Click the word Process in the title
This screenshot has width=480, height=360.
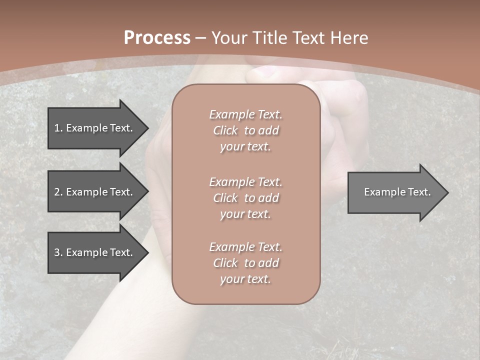tap(157, 38)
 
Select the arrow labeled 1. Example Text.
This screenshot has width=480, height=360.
tap(95, 128)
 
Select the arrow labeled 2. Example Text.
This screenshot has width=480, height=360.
tap(95, 192)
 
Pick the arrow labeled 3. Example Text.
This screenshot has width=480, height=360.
tap(95, 252)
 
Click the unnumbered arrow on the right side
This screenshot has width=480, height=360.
tap(395, 192)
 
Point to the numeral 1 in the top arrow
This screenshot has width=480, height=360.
tap(57, 128)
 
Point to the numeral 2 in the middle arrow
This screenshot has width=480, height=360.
tap(57, 192)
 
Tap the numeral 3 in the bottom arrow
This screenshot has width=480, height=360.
tap(57, 252)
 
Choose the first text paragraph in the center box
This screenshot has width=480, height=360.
tap(245, 130)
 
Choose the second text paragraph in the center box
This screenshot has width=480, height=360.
tap(245, 198)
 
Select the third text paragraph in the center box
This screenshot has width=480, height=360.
tap(245, 263)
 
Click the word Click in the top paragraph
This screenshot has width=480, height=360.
tap(225, 130)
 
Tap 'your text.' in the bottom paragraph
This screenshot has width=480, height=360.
tap(245, 279)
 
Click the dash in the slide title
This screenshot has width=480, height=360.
tap(201, 38)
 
